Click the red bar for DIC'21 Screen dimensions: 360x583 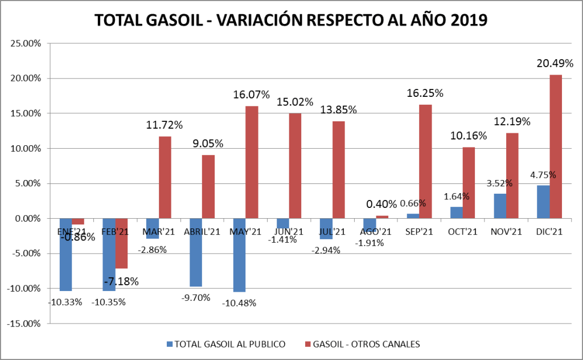click(x=556, y=146)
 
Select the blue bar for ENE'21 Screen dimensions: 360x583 click(x=65, y=255)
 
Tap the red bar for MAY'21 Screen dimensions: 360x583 click(x=252, y=162)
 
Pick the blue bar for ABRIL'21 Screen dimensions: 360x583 click(x=195, y=252)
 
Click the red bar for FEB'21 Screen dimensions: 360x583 click(x=122, y=243)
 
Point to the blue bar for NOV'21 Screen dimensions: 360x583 click(x=499, y=206)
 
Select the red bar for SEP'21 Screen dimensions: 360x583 click(x=426, y=161)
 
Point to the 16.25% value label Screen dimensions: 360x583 click(x=424, y=93)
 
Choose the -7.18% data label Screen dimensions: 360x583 click(x=121, y=281)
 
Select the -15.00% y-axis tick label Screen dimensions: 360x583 click(x=23, y=324)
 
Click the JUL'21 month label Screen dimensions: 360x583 click(x=332, y=232)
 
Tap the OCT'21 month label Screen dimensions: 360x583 click(x=462, y=232)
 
